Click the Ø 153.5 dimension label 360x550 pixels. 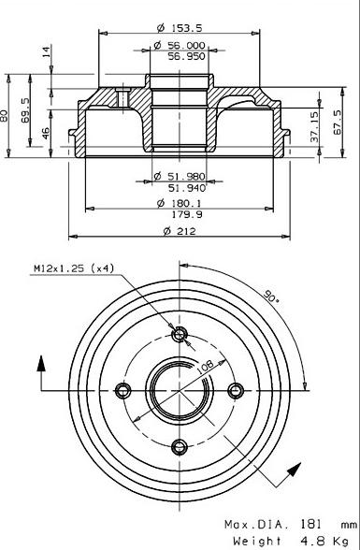click(x=180, y=28)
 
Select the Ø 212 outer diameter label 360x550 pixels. click(x=180, y=231)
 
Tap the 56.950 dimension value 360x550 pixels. click(x=186, y=56)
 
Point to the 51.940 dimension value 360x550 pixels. click(x=187, y=188)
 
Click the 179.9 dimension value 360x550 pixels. click(x=187, y=214)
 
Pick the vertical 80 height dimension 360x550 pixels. click(x=4, y=116)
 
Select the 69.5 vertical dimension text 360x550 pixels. click(x=25, y=109)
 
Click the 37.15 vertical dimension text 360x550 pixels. click(x=315, y=126)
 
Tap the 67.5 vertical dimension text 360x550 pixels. click(x=338, y=122)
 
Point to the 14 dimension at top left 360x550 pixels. click(x=47, y=51)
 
